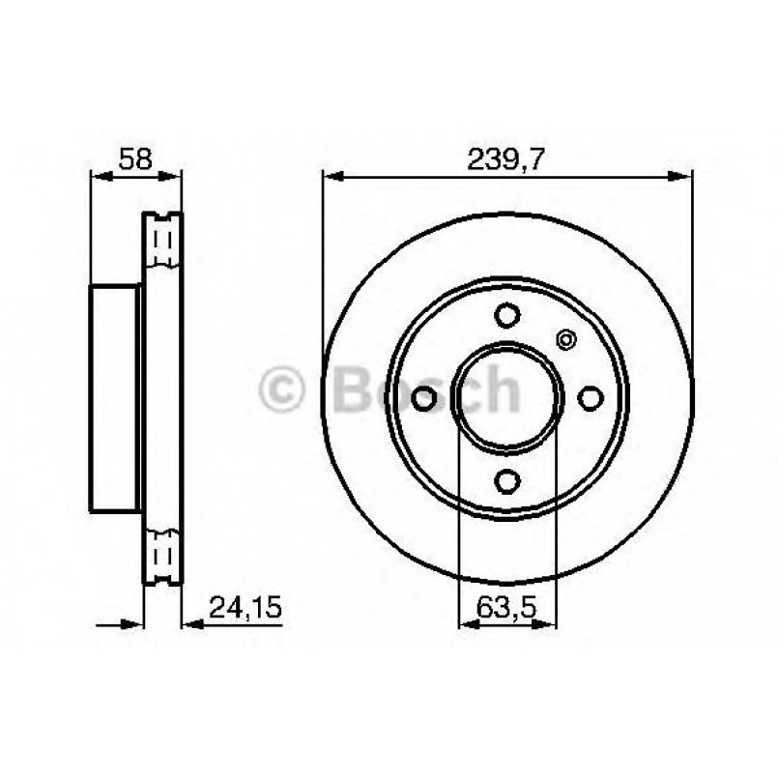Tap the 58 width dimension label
135,159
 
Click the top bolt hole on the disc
507,315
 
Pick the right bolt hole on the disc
590,397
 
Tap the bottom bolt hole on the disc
507,480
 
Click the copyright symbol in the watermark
282,390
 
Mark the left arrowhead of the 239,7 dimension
331,177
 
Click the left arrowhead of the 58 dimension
98,176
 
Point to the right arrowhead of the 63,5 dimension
551,624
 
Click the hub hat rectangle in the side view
116,398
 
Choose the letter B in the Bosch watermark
355,390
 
